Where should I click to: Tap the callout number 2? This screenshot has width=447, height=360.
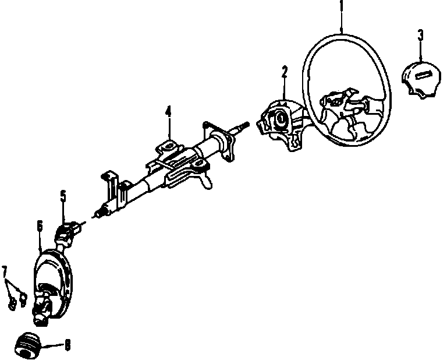tap(285, 72)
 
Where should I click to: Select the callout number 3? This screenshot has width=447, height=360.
tap(420, 35)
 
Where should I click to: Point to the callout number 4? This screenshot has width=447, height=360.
tap(168, 111)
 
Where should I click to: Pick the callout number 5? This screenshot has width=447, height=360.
tap(63, 196)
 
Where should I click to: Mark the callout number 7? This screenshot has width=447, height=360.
tap(5, 271)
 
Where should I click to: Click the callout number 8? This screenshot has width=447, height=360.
tap(67, 345)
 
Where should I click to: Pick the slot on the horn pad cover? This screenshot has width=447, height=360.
tap(424, 74)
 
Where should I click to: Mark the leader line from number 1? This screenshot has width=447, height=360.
tap(342, 23)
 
